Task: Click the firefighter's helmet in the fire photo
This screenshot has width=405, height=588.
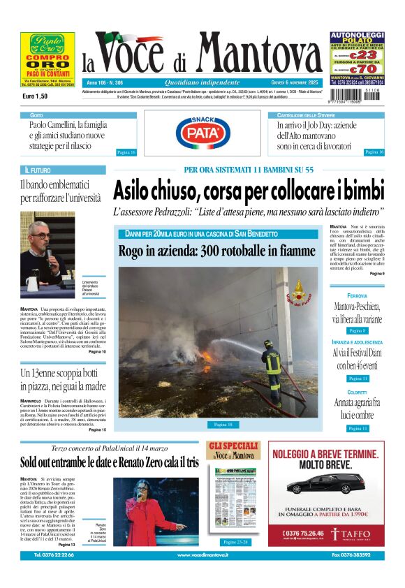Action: (x=268, y=344)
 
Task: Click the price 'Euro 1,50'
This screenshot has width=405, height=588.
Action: (x=35, y=96)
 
